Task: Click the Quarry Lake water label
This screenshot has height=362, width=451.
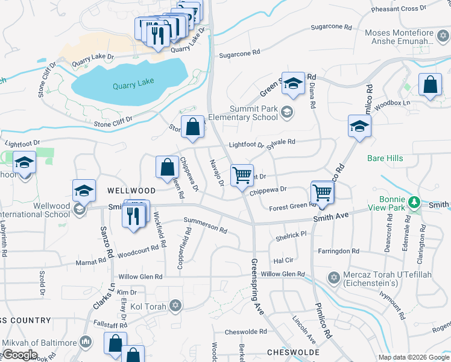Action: [x=133, y=84]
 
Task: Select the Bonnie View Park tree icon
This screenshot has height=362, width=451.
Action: [x=414, y=201]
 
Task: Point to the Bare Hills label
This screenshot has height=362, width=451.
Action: [x=384, y=159]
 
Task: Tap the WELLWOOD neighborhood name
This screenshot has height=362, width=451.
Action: [x=131, y=190]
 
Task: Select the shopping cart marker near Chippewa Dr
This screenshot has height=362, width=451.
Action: [x=242, y=176]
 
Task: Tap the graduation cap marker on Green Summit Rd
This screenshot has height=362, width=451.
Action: [x=293, y=84]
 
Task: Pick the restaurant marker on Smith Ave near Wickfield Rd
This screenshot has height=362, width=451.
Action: [x=133, y=214]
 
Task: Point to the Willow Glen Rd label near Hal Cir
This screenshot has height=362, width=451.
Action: [x=283, y=274]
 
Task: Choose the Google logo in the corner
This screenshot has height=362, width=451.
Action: [x=19, y=355]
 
